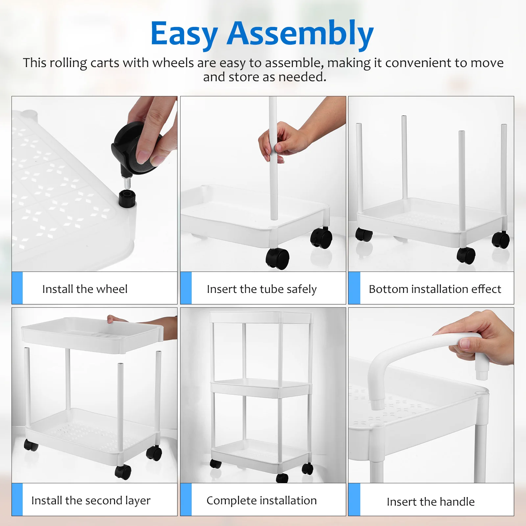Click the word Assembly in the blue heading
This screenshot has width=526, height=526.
click(300, 34)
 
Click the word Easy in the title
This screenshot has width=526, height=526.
click(184, 34)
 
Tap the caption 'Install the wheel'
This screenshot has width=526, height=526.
click(85, 289)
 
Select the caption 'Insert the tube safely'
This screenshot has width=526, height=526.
click(262, 289)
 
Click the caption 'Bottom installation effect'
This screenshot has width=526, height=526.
click(435, 289)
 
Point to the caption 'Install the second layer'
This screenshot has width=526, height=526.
click(91, 500)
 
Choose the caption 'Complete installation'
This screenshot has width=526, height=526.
click(262, 500)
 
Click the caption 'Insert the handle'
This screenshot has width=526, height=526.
click(431, 502)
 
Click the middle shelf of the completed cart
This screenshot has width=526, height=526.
click(261, 388)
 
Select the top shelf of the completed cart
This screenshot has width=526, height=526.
click(261, 317)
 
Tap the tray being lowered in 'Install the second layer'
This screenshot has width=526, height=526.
click(92, 337)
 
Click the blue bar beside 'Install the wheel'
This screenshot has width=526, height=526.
click(17, 288)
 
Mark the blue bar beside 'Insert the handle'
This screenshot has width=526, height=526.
click(354, 499)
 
